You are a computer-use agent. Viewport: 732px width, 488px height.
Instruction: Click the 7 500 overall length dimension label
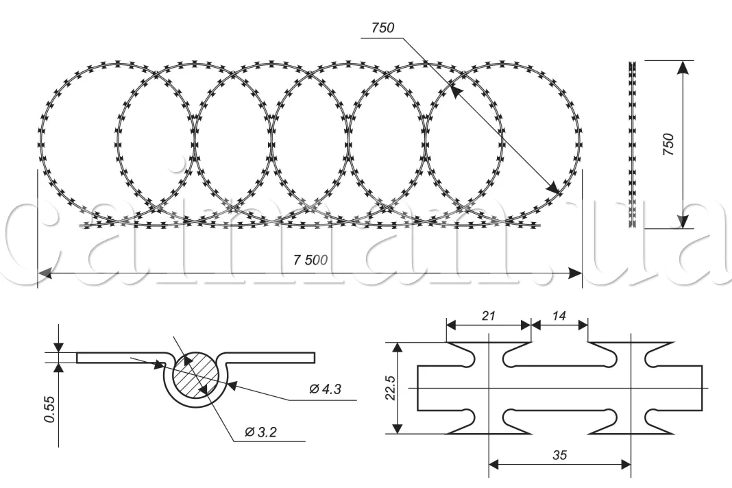[310, 260]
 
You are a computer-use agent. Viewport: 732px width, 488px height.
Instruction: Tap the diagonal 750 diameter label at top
[382, 28]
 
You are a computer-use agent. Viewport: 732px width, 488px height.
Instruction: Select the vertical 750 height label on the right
[669, 145]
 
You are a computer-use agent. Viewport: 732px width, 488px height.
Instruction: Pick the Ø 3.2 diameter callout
[260, 432]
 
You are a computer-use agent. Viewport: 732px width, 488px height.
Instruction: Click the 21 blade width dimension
[489, 316]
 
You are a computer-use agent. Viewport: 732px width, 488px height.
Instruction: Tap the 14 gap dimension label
[559, 316]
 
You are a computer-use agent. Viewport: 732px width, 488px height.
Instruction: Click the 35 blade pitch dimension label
[559, 454]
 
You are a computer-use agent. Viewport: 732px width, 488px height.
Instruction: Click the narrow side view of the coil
[633, 145]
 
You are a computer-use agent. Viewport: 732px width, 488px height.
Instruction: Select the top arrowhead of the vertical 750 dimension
[683, 66]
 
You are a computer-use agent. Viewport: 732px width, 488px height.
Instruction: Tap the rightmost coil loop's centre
[502, 143]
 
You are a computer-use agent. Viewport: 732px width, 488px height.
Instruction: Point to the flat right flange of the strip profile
[274, 357]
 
